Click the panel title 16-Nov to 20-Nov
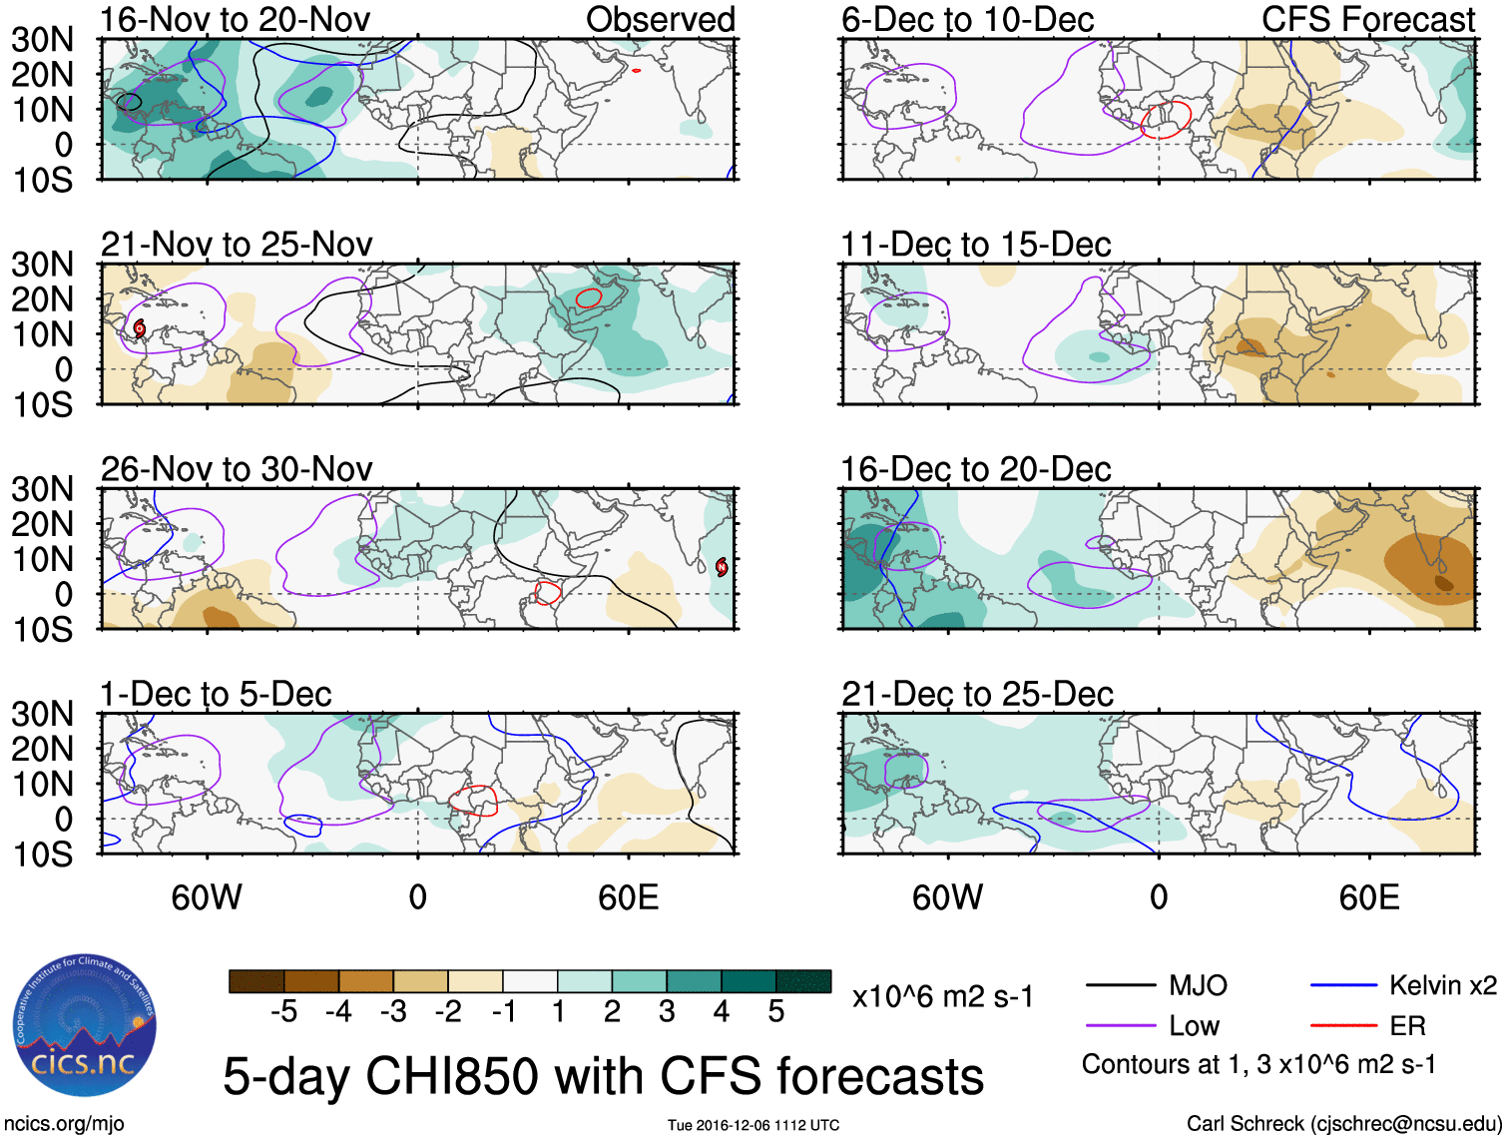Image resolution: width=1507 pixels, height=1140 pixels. click(x=236, y=19)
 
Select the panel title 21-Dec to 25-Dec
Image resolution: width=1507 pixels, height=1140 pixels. click(x=977, y=694)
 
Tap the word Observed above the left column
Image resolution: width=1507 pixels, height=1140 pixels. click(x=660, y=19)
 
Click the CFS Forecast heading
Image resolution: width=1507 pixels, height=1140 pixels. click(x=1368, y=19)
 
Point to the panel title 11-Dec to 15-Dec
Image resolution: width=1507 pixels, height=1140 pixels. click(x=976, y=245)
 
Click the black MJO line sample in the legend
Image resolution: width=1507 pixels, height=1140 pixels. click(x=1121, y=986)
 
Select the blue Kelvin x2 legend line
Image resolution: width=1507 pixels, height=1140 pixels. click(x=1343, y=986)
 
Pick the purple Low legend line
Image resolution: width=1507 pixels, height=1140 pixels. click(x=1121, y=1026)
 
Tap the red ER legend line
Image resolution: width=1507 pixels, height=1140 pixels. click(x=1343, y=1026)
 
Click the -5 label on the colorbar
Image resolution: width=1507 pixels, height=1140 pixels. click(x=283, y=1012)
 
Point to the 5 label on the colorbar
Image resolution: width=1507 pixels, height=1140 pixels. click(x=775, y=1012)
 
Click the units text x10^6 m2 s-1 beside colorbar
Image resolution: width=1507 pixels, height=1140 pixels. click(x=942, y=996)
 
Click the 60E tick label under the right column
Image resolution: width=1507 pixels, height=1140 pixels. click(x=1368, y=897)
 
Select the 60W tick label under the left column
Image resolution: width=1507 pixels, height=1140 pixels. click(x=207, y=897)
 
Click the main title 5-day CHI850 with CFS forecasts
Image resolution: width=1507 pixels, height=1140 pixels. click(x=603, y=1076)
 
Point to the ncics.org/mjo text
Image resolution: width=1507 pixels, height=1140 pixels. click(x=64, y=1124)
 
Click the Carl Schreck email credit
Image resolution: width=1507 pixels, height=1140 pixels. click(x=1343, y=1124)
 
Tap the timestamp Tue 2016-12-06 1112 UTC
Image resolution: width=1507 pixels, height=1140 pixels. click(x=753, y=1125)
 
